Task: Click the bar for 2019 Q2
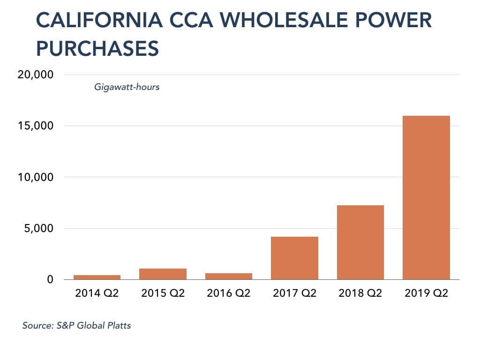tap(426, 197)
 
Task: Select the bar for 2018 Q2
tap(360, 242)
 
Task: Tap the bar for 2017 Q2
tap(294, 258)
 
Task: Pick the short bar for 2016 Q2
tap(229, 276)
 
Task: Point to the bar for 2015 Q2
tap(163, 274)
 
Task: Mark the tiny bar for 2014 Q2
tap(97, 277)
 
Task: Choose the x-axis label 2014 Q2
tap(97, 294)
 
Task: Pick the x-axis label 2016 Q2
tap(229, 294)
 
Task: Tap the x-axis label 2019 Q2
tap(426, 294)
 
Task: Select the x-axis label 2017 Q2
tap(294, 294)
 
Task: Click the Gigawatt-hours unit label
tap(127, 87)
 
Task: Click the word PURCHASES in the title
tap(97, 49)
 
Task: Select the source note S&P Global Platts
tap(76, 325)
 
